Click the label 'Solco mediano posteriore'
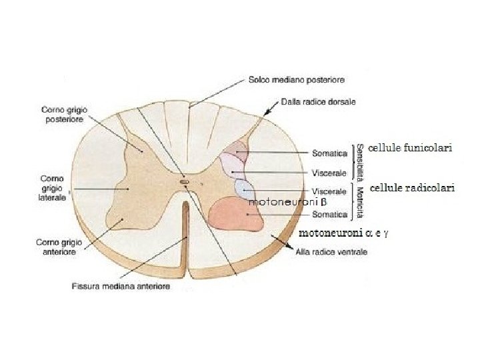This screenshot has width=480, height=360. tap(296, 80)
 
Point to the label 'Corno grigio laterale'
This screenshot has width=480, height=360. tap(53, 188)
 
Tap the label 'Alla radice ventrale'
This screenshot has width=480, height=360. tap(332, 252)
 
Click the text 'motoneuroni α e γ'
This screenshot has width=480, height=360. tap(344, 233)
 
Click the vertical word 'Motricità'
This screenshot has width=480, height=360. tap(360, 203)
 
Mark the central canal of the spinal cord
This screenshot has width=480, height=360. tap(185, 180)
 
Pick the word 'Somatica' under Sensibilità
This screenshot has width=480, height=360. tap(329, 153)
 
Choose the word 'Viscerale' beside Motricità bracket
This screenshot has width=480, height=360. tap(329, 191)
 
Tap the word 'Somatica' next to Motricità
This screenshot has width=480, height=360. tap(329, 215)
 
